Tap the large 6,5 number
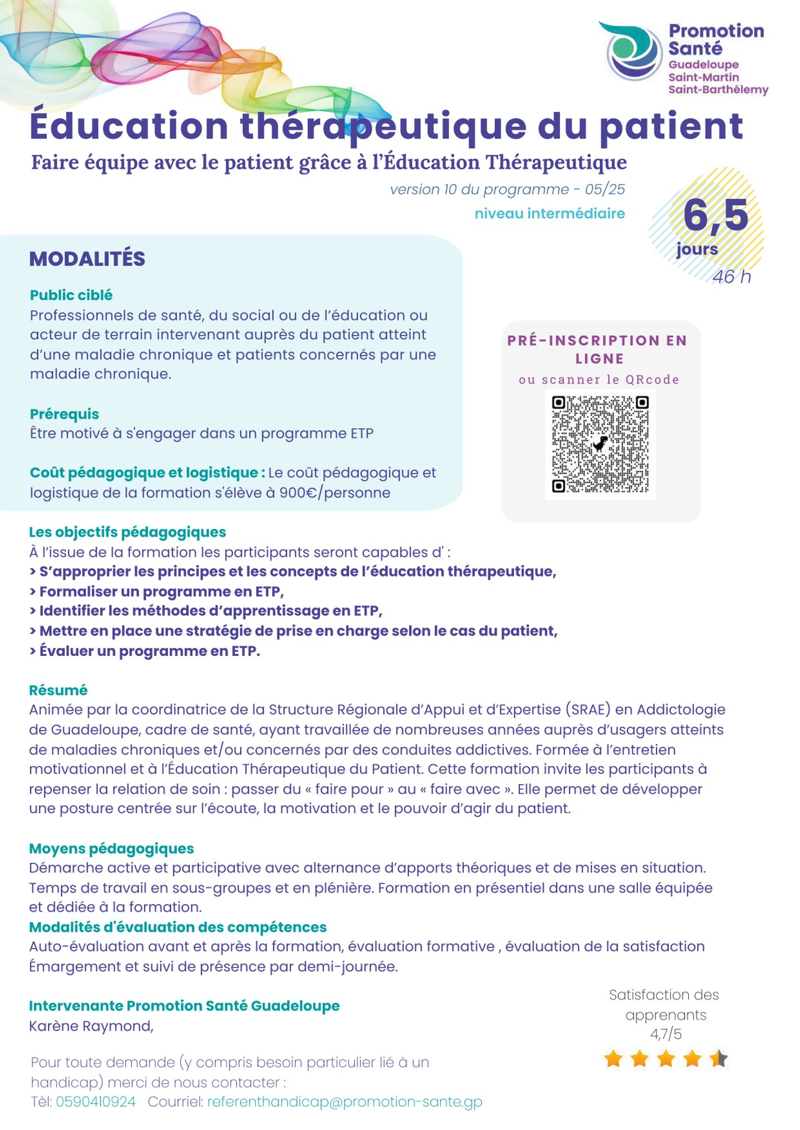(715, 216)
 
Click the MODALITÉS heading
(87, 259)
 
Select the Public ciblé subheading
(71, 295)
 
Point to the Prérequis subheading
(64, 414)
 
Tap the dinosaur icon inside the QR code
(600, 444)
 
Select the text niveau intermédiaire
(550, 214)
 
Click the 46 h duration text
(731, 277)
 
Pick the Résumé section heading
(58, 690)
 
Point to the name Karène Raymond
(91, 1026)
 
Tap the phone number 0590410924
(95, 1102)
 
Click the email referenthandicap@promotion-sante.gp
(345, 1102)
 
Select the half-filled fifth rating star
(719, 1059)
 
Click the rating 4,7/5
(666, 1034)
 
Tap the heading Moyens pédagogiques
(111, 849)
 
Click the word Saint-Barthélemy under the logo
(718, 90)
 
